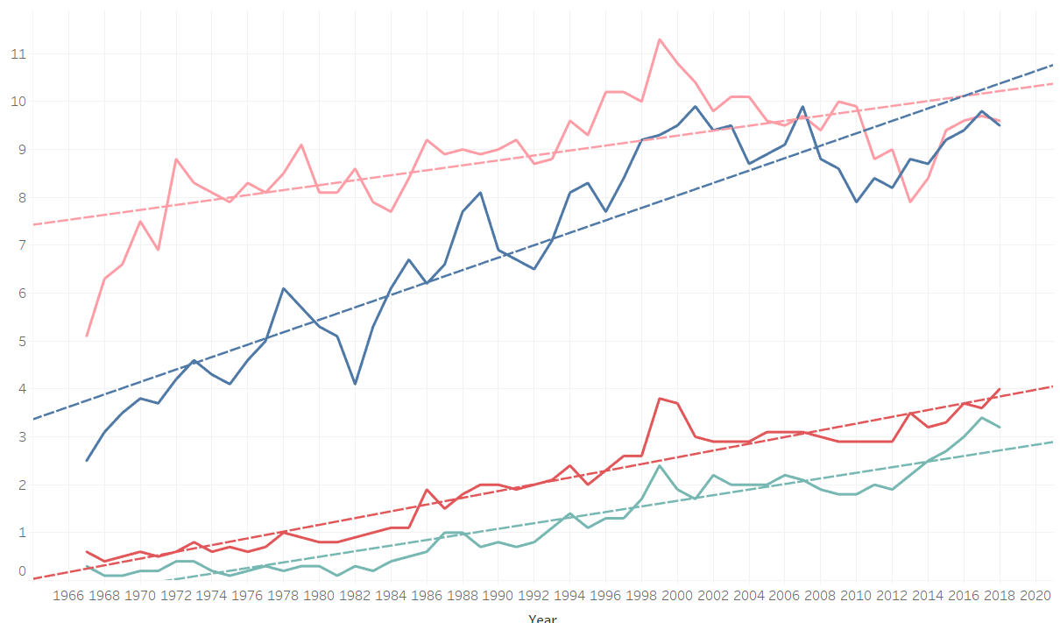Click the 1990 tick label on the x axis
(498, 597)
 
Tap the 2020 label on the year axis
(1035, 597)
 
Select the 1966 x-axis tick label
(68, 597)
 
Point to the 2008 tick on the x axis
(821, 597)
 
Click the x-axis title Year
(542, 618)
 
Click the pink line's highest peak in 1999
(660, 39)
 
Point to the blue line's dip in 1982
(355, 384)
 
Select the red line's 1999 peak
(660, 399)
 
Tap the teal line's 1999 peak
(660, 465)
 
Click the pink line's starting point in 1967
(87, 336)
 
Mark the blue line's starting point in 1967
(87, 460)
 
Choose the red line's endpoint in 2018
(1000, 389)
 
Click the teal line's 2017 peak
(982, 418)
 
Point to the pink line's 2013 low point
(910, 202)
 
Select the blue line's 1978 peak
(284, 288)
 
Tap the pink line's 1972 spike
(176, 159)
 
